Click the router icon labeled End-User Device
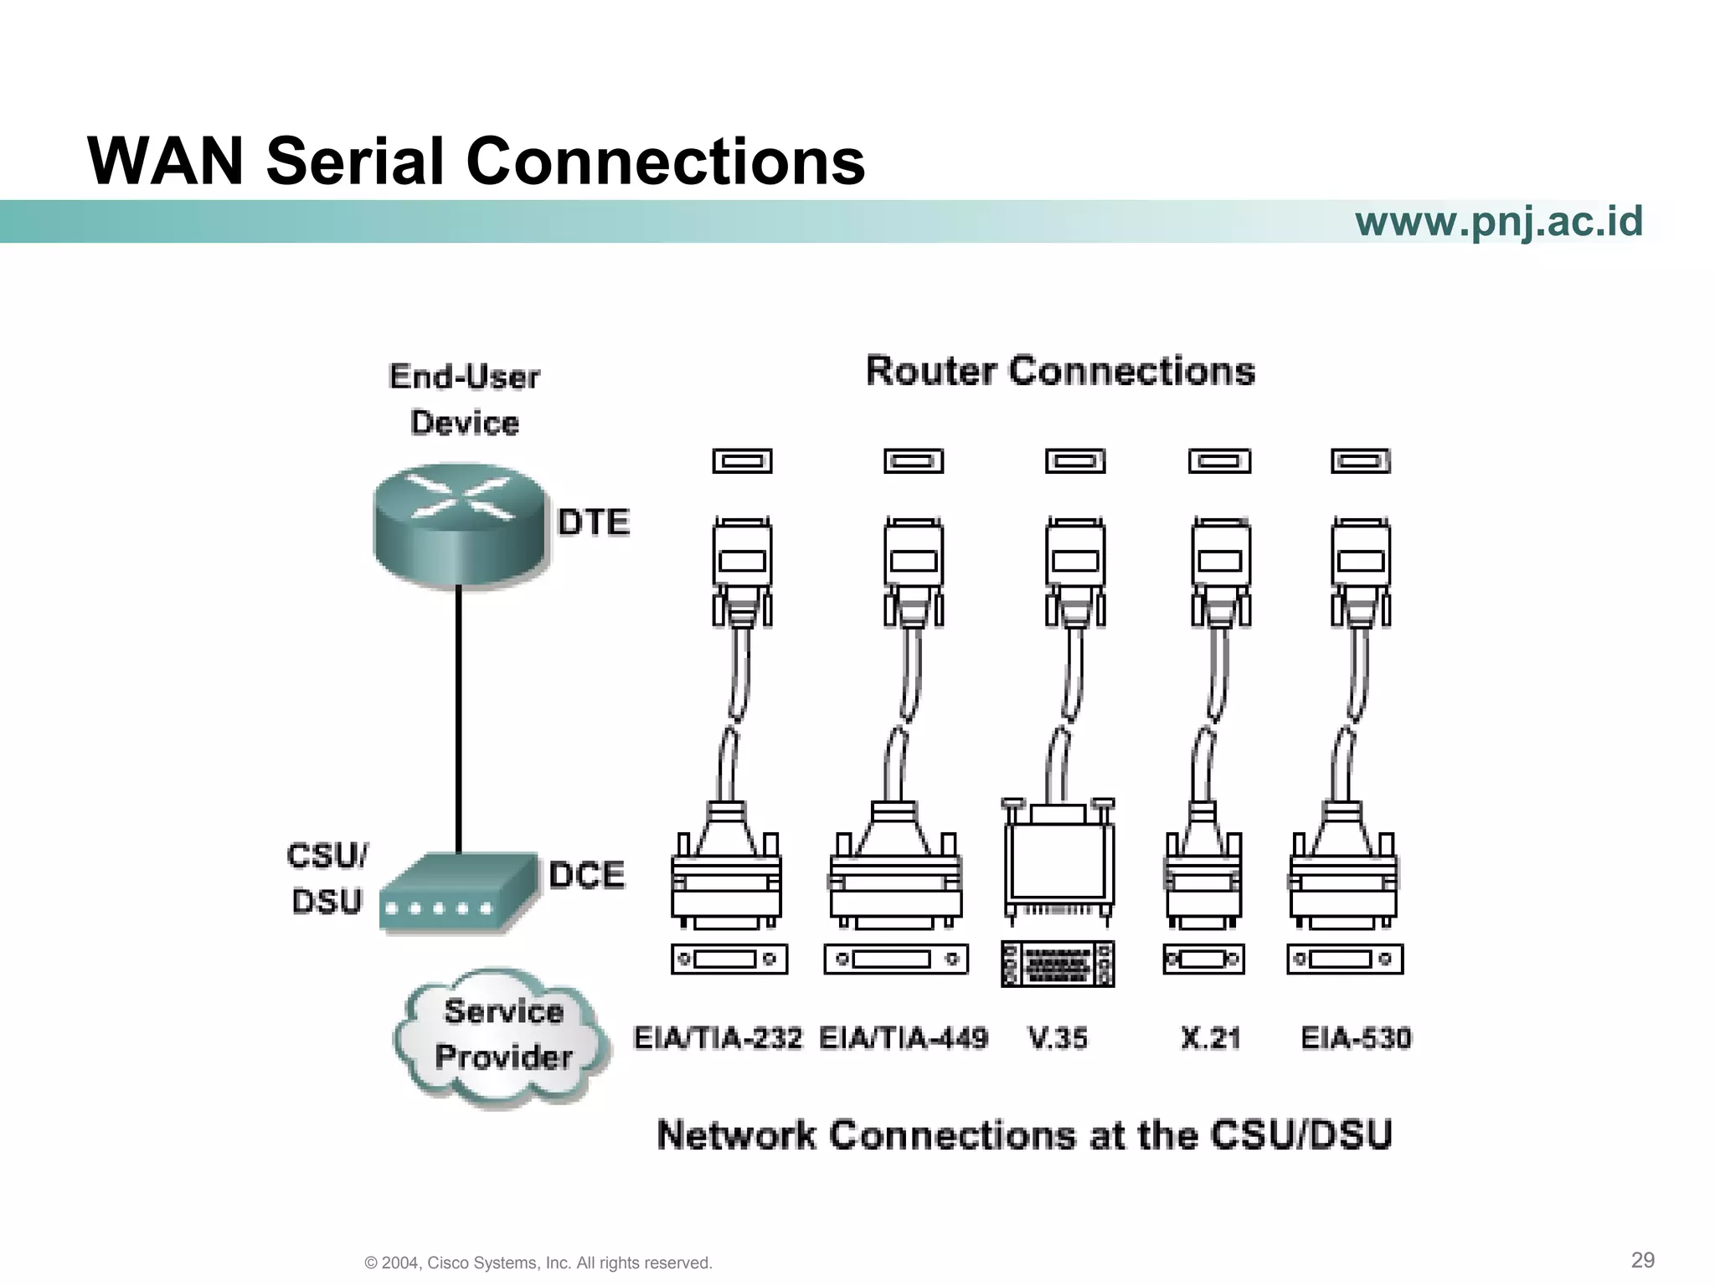coord(459,525)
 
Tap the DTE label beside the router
coord(594,522)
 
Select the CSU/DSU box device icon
coord(457,892)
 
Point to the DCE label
coord(587,875)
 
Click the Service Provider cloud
coord(503,1036)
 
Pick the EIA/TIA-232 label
coord(718,1038)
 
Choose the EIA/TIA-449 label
coord(904,1038)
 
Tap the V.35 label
coord(1058,1038)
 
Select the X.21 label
coord(1210,1038)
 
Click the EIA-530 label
coord(1356,1038)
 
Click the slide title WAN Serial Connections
coord(476,161)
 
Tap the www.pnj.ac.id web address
coord(1498,221)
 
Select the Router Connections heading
coord(1060,371)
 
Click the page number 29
coord(1642,1260)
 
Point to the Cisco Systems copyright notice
coord(538,1263)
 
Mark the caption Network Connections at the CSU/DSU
coord(1024,1135)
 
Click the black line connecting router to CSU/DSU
coord(459,720)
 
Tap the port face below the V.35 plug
coord(1058,964)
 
